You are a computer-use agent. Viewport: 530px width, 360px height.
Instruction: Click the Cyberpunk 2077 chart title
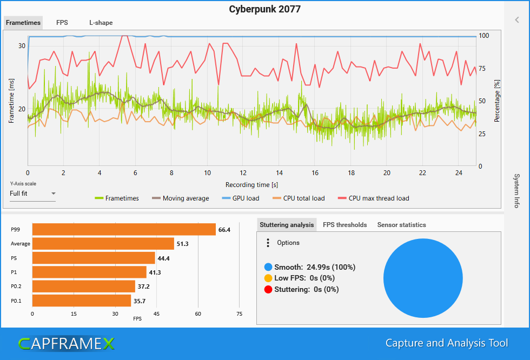click(264, 9)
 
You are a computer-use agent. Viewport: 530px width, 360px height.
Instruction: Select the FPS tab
click(62, 23)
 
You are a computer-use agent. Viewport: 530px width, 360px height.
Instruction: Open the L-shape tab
click(101, 23)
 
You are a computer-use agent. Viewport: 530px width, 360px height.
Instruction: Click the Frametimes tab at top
click(23, 23)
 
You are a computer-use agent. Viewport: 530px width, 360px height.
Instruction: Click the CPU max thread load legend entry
click(373, 198)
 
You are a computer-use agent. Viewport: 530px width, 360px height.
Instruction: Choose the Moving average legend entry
click(180, 198)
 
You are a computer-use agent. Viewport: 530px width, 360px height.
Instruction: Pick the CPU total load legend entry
click(298, 198)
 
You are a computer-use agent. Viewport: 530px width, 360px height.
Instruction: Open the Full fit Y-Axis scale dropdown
click(32, 194)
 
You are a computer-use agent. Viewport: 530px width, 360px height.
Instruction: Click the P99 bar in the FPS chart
click(124, 230)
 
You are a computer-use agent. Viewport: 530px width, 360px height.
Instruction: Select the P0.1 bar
click(82, 301)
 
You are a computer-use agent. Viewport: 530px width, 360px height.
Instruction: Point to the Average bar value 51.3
click(184, 244)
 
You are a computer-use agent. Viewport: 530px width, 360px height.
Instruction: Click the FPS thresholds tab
click(345, 225)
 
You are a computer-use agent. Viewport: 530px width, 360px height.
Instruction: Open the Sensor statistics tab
click(401, 225)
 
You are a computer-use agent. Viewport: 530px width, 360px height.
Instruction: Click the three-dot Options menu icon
click(268, 243)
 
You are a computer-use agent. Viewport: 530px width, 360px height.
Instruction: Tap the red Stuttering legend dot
click(268, 289)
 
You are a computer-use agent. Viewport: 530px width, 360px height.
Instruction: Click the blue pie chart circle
click(423, 278)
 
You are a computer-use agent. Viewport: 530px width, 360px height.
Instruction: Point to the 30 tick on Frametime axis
click(22, 46)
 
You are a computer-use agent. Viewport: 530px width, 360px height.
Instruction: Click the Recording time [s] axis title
click(251, 185)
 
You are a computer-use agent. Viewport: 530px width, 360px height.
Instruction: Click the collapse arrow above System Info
click(517, 20)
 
